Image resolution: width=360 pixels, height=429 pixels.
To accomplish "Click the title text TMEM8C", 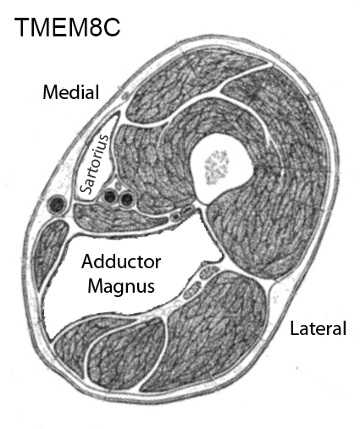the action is click(68, 27).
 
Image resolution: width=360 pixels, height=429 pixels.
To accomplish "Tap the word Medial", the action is click(71, 92).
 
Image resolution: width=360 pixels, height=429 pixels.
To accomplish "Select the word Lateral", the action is click(318, 328).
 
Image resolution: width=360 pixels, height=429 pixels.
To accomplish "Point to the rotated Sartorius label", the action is click(94, 164).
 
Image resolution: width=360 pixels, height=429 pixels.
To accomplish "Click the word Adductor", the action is click(121, 262).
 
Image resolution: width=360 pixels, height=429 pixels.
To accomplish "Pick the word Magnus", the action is click(121, 286).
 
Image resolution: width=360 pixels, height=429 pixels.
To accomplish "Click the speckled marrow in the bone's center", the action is click(217, 167).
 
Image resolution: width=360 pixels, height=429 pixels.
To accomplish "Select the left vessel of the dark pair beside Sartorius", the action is click(110, 196).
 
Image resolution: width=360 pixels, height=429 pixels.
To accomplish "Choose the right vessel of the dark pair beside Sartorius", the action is click(126, 199).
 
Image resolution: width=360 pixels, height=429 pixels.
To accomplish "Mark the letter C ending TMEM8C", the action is click(111, 27).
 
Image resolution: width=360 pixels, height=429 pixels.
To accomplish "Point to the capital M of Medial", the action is click(49, 92).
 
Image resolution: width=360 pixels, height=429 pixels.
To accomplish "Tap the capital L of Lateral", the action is click(295, 328).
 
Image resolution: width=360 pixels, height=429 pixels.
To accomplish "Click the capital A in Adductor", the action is click(88, 261).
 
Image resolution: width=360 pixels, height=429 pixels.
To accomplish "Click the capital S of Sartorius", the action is click(86, 188).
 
